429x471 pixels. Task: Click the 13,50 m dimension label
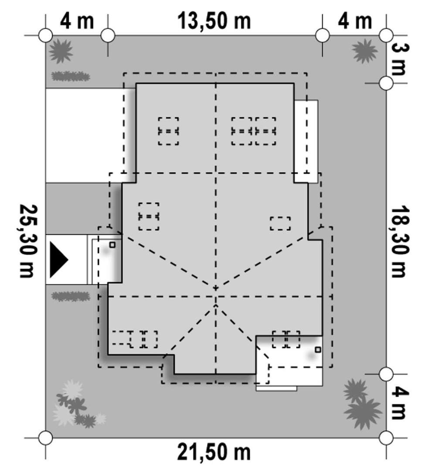click(x=214, y=21)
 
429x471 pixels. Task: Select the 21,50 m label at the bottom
click(x=214, y=452)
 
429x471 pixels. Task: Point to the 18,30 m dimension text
click(x=400, y=241)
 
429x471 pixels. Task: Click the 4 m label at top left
click(x=77, y=21)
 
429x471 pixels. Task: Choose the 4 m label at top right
click(x=355, y=21)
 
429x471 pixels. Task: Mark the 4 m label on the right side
click(x=400, y=403)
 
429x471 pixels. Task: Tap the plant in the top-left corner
click(x=61, y=51)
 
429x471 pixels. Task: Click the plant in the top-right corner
click(x=364, y=51)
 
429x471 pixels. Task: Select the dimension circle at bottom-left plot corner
click(x=46, y=438)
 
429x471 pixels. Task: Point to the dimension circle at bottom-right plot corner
click(x=386, y=438)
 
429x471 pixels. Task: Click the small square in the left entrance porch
click(x=112, y=245)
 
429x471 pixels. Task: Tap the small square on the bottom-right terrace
click(x=318, y=350)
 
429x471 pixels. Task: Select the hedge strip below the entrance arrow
click(x=71, y=296)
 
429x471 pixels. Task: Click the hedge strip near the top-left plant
click(x=71, y=76)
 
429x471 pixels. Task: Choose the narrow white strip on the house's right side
click(x=306, y=141)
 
